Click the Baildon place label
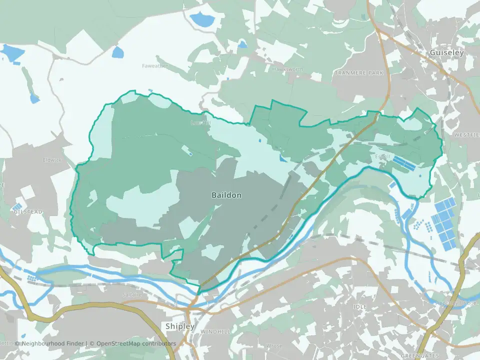coord(226,195)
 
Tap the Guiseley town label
coord(446,52)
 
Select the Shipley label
coord(180,326)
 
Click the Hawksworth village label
coord(287,69)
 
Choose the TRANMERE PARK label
coord(359,73)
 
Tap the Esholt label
coord(382,157)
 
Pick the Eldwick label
coord(52,160)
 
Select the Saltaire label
coord(132,295)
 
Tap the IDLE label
coord(359,306)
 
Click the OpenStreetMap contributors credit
coord(136,343)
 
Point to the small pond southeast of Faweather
coord(117,52)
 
